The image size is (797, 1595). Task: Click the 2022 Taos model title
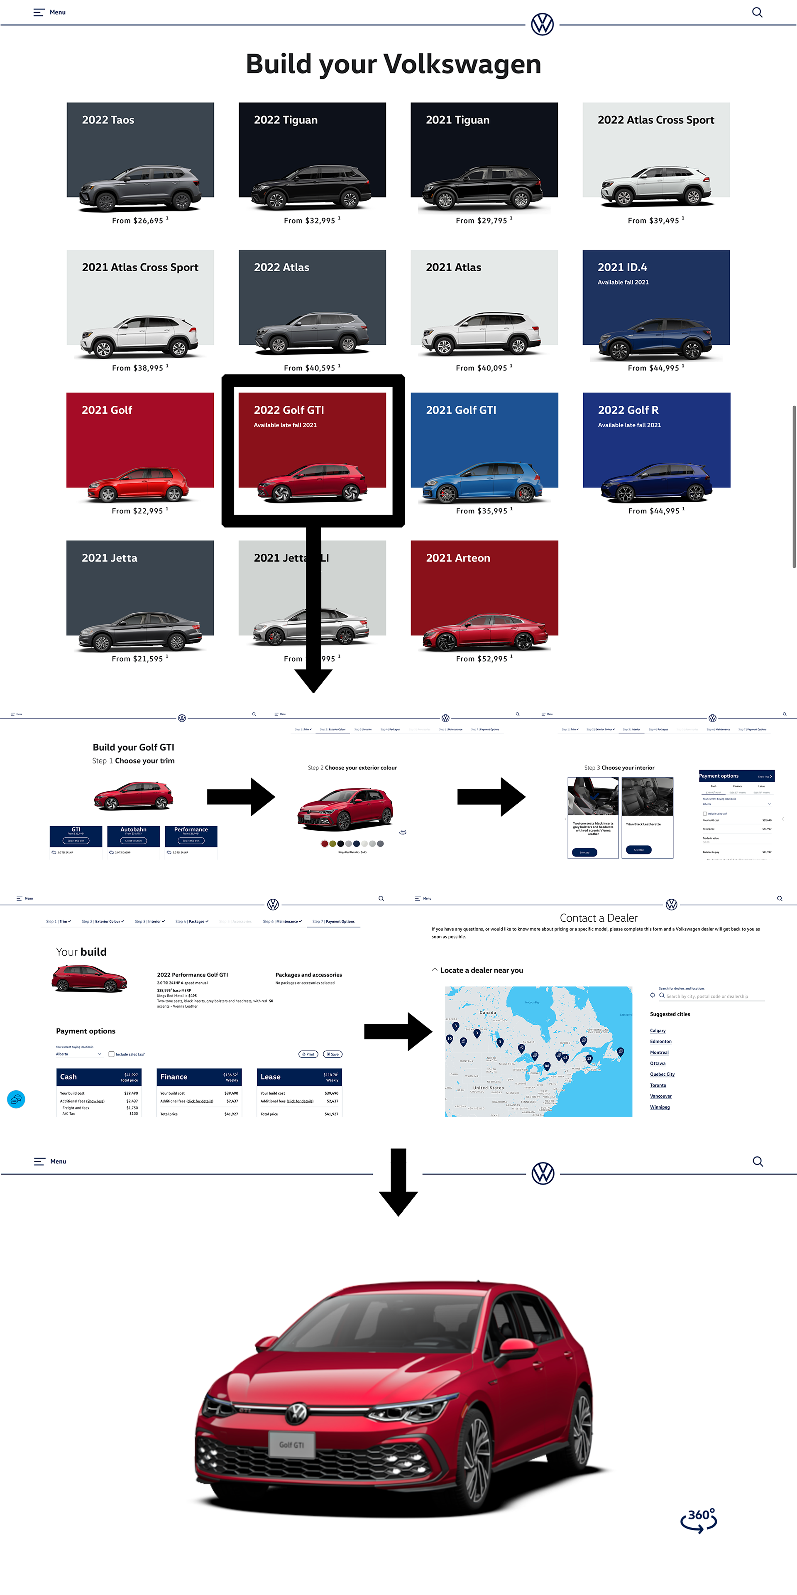click(108, 120)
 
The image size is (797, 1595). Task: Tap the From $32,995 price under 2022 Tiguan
click(310, 221)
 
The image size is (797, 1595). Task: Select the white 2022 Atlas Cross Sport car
click(656, 186)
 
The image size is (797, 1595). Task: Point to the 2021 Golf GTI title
click(461, 410)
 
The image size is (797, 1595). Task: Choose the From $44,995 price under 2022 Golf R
click(654, 511)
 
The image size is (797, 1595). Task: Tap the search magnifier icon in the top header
click(757, 12)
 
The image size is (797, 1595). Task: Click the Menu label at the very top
click(58, 12)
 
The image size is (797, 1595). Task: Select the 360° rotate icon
click(699, 1519)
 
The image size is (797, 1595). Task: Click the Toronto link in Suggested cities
click(658, 1085)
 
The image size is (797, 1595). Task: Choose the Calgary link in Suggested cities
click(658, 1030)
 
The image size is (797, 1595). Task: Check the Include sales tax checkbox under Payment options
click(111, 1054)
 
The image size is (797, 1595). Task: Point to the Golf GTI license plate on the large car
click(291, 1444)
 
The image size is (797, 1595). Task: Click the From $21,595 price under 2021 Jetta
click(137, 659)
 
